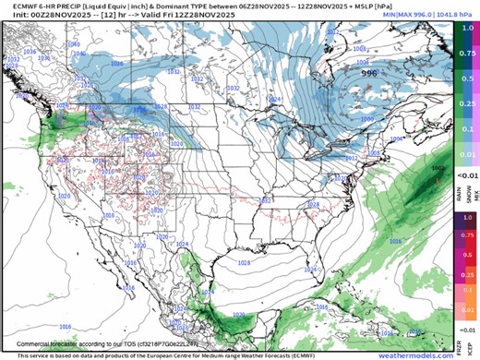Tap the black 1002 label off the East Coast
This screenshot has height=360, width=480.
click(438, 168)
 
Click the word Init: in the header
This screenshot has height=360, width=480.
click(11, 17)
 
